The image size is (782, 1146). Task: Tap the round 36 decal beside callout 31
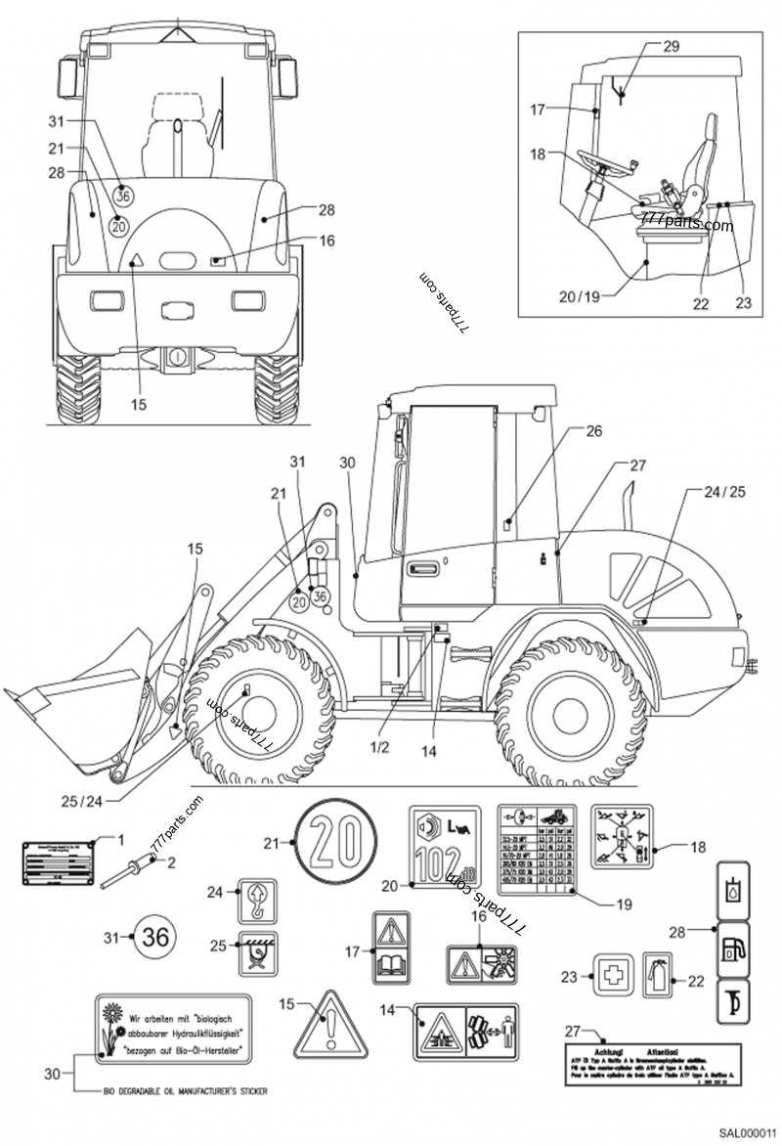point(154,937)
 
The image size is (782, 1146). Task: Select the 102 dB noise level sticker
point(447,847)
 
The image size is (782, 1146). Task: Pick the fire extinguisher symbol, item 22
point(660,975)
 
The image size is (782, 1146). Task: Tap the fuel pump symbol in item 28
point(734,948)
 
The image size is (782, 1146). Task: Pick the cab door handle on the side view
point(422,568)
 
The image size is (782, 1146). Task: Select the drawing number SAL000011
point(748,1132)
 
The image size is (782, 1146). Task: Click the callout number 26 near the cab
point(595,430)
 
